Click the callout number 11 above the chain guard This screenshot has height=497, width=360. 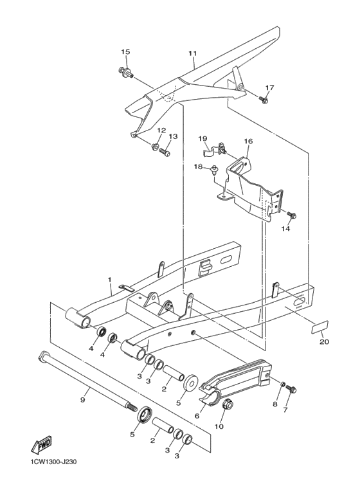click(x=192, y=53)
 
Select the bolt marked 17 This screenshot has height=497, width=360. click(x=264, y=100)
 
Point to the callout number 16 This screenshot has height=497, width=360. click(x=248, y=141)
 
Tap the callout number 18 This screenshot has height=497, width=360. click(x=198, y=167)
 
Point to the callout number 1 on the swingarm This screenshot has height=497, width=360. click(x=110, y=280)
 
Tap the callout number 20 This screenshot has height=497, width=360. click(x=323, y=342)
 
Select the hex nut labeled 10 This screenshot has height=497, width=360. click(x=227, y=405)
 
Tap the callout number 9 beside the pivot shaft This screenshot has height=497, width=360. click(x=82, y=399)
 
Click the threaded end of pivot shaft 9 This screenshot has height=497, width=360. click(x=130, y=407)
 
